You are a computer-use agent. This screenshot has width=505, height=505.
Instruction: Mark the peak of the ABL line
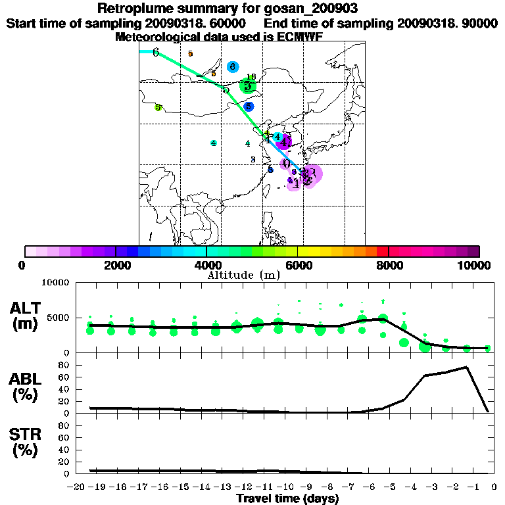[x=467, y=367]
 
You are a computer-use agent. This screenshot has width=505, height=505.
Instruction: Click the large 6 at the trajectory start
[x=156, y=53]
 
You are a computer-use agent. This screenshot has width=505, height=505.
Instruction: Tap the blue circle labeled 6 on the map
[x=232, y=67]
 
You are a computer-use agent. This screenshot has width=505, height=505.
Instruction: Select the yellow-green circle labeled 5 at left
[x=158, y=107]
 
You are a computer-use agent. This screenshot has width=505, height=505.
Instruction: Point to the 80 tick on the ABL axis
[x=64, y=364]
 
